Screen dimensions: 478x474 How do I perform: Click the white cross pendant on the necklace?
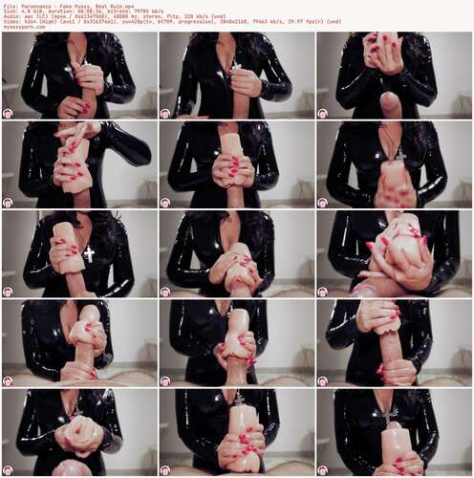point(88,253)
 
